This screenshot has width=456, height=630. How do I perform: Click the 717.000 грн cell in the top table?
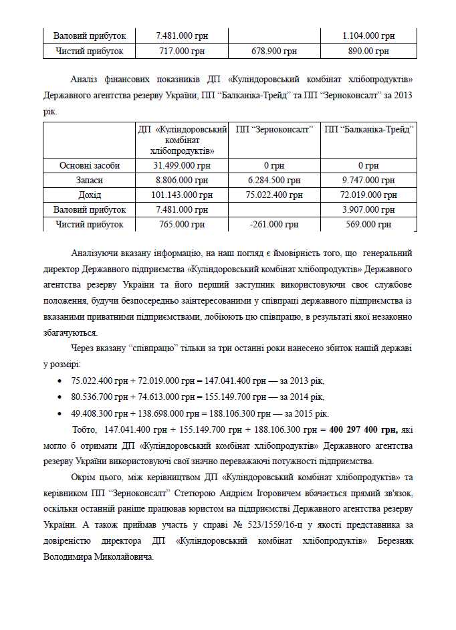(181, 51)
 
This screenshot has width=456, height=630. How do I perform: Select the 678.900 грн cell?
(274, 51)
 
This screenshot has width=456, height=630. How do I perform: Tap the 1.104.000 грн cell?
(368, 35)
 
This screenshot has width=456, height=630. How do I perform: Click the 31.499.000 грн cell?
(181, 165)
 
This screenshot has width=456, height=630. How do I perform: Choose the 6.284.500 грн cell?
(274, 180)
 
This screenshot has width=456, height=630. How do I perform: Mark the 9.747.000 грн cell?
(368, 180)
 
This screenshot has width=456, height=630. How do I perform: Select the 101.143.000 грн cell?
(181, 195)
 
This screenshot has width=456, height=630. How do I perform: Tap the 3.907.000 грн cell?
(368, 210)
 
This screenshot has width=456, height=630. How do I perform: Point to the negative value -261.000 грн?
(274, 225)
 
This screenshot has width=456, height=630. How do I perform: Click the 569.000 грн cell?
(368, 225)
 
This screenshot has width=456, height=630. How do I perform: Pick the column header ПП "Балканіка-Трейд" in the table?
(368, 129)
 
